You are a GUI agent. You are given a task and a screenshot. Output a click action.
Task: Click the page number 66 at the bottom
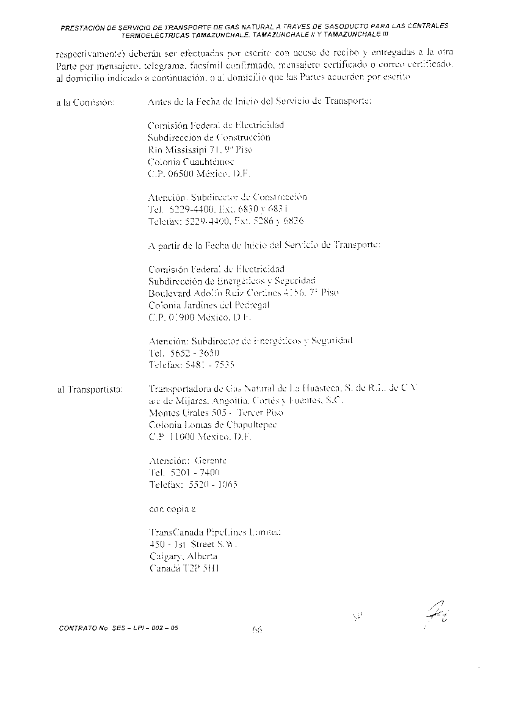(x=256, y=631)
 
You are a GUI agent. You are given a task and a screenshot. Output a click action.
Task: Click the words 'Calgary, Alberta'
(x=183, y=556)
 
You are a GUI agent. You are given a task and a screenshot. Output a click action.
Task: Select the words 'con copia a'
(x=173, y=509)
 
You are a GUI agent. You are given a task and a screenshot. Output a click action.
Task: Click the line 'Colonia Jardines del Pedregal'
(x=208, y=305)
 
